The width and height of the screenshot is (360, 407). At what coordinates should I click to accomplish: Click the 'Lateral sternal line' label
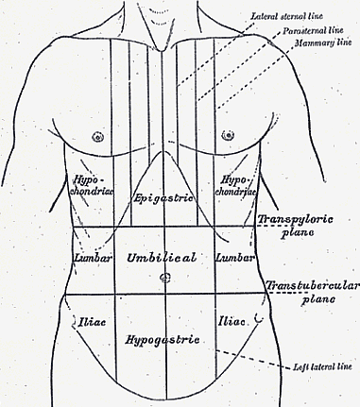(x=286, y=16)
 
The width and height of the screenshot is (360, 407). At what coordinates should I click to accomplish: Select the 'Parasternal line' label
(x=313, y=30)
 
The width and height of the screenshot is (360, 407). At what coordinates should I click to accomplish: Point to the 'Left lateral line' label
(x=326, y=366)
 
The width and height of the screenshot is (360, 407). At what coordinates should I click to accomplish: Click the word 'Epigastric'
(x=163, y=198)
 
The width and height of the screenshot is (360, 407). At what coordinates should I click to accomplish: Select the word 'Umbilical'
(x=162, y=258)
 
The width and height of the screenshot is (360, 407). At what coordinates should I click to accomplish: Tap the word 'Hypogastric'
(x=163, y=340)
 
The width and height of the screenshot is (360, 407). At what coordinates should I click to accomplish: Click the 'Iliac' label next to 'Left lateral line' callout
(x=231, y=322)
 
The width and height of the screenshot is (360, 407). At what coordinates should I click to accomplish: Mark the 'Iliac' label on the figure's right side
(x=92, y=322)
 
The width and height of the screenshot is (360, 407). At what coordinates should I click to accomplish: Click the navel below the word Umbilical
(x=164, y=278)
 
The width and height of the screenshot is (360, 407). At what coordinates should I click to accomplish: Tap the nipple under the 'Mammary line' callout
(x=228, y=136)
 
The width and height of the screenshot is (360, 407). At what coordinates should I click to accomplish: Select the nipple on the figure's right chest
(x=98, y=137)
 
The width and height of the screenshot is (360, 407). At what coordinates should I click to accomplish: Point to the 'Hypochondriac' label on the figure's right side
(x=92, y=186)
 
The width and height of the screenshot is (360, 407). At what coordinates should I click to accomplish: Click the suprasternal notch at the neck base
(x=162, y=50)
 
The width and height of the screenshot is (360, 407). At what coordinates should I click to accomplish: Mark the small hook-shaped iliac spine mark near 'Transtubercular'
(x=260, y=318)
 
